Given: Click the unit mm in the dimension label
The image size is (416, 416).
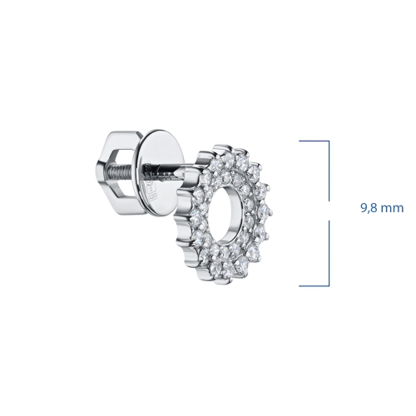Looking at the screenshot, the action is [394, 209].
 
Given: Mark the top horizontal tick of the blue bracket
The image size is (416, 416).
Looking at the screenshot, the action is [314, 141].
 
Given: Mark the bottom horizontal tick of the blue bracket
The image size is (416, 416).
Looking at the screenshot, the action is [314, 285].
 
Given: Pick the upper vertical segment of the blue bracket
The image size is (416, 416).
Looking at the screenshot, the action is [329, 171].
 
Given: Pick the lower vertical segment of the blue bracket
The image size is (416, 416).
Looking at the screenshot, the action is [329, 253].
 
